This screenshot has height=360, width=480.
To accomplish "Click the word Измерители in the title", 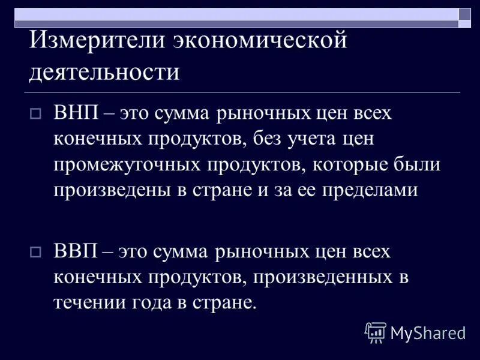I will tap(95, 41).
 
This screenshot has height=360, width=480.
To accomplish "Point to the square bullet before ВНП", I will tap(35, 114).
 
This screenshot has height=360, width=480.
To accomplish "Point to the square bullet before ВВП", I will tap(35, 252).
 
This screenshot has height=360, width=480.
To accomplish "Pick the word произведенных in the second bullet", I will tap(322, 277).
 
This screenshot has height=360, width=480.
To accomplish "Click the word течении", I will tap(88, 302).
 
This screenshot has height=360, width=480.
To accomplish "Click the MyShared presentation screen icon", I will tap(376, 332).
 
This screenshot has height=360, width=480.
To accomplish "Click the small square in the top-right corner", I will tap(465, 14).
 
